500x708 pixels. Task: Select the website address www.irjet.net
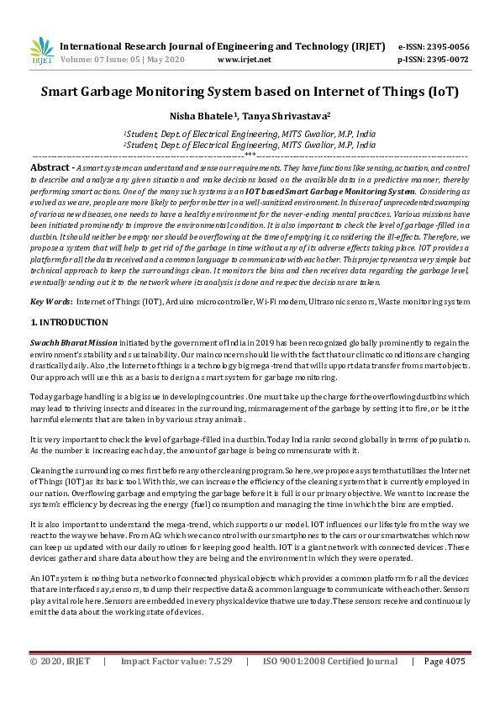click(x=244, y=61)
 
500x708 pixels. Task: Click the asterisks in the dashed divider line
click(x=250, y=155)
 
